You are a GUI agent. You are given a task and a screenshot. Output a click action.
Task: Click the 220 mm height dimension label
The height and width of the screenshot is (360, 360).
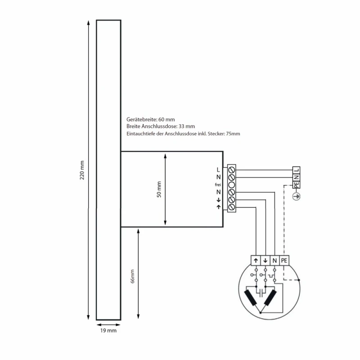pyautogui.click(x=82, y=170)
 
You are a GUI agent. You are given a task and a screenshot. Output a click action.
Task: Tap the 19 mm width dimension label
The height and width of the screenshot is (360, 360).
pyautogui.click(x=108, y=331)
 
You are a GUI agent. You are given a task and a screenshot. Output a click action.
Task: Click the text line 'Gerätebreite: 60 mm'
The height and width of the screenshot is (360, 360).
pyautogui.click(x=150, y=120)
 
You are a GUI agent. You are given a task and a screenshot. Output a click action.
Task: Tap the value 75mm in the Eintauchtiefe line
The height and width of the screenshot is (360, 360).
pyautogui.click(x=233, y=134)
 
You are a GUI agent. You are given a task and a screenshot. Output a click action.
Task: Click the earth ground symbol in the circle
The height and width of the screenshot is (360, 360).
pyautogui.click(x=296, y=196)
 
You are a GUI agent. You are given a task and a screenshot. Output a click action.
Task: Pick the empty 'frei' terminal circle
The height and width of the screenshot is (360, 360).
pyautogui.click(x=232, y=184)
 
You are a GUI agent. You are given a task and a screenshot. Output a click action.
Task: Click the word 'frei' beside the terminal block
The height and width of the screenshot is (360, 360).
pyautogui.click(x=218, y=184)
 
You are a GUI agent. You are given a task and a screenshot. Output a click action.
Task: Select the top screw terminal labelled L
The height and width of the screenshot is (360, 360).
pyautogui.click(x=232, y=170)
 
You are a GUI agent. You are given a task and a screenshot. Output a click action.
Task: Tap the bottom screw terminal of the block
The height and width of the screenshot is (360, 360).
pyautogui.click(x=232, y=207)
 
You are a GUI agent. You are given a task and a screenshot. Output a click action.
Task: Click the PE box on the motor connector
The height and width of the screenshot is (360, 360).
pyautogui.click(x=284, y=261)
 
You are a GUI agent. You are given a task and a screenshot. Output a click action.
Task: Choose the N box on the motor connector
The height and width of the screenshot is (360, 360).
pyautogui.click(x=274, y=261)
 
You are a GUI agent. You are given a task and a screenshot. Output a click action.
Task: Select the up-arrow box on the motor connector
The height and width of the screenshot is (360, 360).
pyautogui.click(x=256, y=261)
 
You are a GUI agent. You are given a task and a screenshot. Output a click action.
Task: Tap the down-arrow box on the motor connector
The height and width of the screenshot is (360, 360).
pyautogui.click(x=265, y=261)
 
